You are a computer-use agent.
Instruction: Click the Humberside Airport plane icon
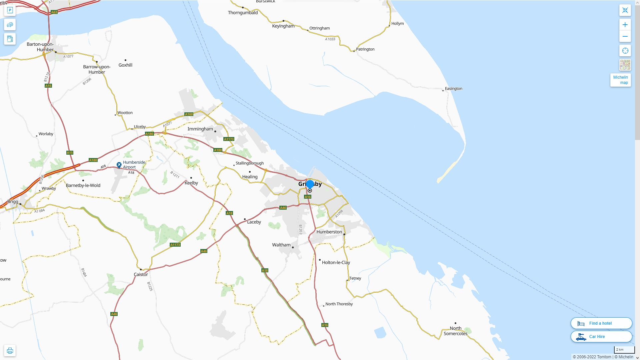119,165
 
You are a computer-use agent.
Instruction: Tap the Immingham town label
200,129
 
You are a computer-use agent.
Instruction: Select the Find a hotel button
601,323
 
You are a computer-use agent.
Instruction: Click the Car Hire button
601,337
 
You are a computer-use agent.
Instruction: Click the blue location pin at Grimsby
310,184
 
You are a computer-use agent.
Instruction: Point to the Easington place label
453,89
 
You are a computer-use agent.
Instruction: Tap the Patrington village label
365,49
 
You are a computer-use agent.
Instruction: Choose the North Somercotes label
455,331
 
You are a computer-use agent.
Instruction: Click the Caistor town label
141,275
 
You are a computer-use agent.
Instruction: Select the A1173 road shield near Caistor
175,245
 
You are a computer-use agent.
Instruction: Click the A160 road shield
189,114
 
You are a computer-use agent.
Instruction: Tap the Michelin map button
620,80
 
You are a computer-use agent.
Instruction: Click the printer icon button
10,351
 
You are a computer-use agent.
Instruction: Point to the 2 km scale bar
624,350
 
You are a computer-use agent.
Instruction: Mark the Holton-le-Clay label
336,263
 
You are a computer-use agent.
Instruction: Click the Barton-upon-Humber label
40,47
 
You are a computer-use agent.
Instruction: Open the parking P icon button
10,10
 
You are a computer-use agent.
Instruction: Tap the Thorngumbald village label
243,13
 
